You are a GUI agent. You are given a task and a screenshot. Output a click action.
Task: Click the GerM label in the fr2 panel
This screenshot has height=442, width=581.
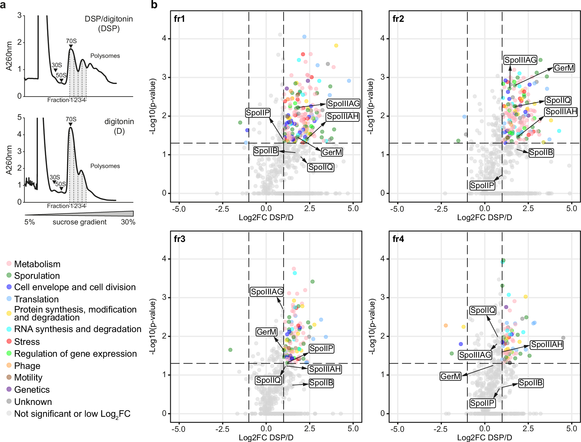coord(564,68)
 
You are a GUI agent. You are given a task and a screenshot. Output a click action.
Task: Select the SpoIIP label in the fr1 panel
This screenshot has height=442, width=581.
coord(258,113)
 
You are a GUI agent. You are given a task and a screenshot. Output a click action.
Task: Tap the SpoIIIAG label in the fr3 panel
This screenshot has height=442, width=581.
coord(267,292)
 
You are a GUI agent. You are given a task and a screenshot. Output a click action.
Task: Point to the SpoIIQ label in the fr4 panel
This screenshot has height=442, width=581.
coord(483,310)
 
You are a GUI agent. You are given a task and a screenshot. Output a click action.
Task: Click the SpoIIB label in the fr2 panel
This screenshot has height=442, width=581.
coord(541,153)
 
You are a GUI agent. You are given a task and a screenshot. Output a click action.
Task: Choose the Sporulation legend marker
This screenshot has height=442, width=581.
coord(9,275)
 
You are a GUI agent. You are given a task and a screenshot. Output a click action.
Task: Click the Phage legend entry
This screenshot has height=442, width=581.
coord(27,366)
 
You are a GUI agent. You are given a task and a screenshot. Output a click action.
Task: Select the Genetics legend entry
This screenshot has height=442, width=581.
coord(32,390)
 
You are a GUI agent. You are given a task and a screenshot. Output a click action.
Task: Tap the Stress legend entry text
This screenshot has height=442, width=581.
coord(27,342)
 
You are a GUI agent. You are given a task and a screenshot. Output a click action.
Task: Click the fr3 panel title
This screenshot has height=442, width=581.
coord(180,239)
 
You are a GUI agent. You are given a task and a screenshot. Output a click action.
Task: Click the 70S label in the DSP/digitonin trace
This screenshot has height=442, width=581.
coord(71,41)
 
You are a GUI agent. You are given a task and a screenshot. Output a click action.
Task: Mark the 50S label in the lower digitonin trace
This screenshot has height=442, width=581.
coord(60,184)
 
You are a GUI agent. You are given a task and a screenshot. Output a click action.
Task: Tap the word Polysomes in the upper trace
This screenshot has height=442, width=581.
coord(105,56)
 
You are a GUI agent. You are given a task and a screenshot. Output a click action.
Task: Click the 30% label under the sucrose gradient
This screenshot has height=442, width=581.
coord(128,222)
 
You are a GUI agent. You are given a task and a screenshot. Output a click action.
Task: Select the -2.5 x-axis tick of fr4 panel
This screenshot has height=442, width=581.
coord(440,429)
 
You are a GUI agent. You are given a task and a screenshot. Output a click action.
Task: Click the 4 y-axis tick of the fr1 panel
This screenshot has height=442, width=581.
coord(164,39)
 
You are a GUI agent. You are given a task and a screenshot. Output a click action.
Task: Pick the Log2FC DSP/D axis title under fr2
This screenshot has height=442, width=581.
coord(484,218)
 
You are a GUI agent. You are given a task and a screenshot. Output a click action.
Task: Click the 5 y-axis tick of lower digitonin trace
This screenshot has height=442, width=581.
coord(20,117)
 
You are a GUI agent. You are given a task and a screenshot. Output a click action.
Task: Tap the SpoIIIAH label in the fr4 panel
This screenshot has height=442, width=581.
coord(547,345)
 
